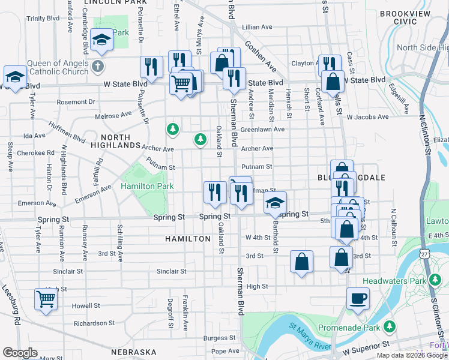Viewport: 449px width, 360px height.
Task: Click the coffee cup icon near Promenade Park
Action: pyautogui.click(x=358, y=298)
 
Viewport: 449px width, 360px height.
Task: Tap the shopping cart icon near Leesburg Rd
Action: pyautogui.click(x=46, y=298)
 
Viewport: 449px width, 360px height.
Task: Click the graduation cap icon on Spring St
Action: pyautogui.click(x=274, y=203)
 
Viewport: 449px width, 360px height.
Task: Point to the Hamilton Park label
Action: pyautogui.click(x=147, y=187)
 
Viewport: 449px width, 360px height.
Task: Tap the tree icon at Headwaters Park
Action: pyautogui.click(x=435, y=280)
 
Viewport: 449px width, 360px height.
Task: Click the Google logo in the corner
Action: pyautogui.click(x=19, y=352)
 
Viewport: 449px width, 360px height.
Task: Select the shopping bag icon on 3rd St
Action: pyautogui.click(x=302, y=261)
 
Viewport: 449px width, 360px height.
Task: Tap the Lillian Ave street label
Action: pyautogui.click(x=258, y=28)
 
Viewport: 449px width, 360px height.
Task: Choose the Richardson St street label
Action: pyautogui.click(x=94, y=322)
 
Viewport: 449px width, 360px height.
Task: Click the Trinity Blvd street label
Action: pyautogui.click(x=43, y=18)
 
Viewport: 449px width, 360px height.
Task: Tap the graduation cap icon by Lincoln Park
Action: pyautogui.click(x=102, y=40)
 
